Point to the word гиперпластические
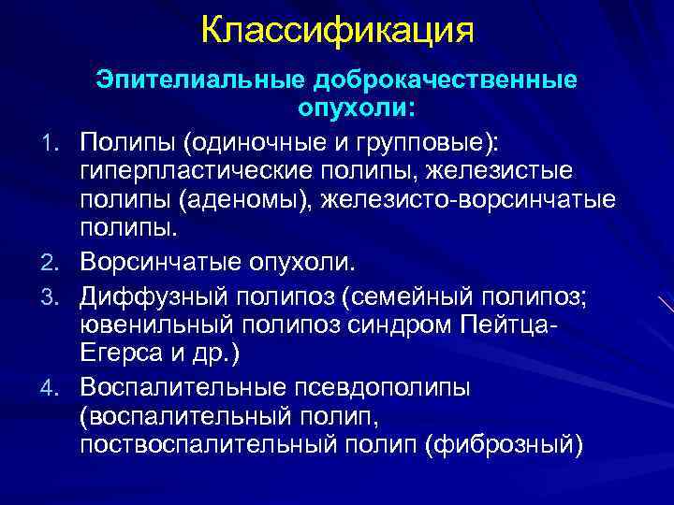point(196,170)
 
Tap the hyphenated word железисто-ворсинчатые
point(477,200)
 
